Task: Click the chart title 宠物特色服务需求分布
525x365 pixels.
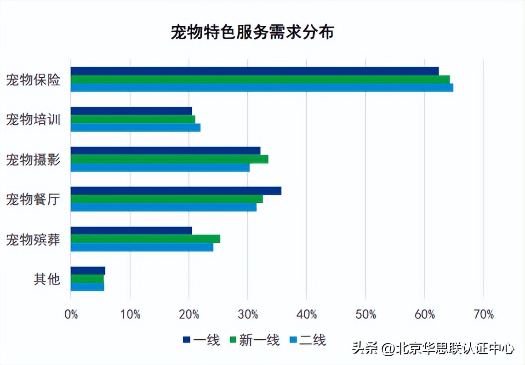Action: (252, 33)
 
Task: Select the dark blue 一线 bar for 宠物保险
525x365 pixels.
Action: (254, 71)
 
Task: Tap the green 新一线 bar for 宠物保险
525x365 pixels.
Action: (260, 80)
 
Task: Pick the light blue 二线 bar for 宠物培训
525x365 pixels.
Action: (135, 127)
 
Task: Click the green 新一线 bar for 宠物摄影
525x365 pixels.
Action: (169, 159)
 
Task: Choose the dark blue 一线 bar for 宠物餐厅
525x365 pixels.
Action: (176, 191)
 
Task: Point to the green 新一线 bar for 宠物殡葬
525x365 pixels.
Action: (145, 239)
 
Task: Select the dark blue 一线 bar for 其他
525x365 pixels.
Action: (88, 271)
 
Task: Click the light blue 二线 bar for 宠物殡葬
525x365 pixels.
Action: (142, 247)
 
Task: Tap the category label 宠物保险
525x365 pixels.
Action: (33, 80)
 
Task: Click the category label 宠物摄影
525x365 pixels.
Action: (33, 160)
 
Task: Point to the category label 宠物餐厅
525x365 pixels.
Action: (33, 200)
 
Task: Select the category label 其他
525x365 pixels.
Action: (47, 279)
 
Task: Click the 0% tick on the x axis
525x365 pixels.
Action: (71, 315)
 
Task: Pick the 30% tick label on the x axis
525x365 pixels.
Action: (248, 315)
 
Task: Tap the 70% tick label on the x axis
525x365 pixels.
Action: (483, 315)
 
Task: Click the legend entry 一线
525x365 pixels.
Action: (201, 340)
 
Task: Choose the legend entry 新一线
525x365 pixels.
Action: (254, 340)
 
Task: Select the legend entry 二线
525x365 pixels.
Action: (308, 340)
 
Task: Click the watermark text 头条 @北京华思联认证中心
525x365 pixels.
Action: (433, 348)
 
